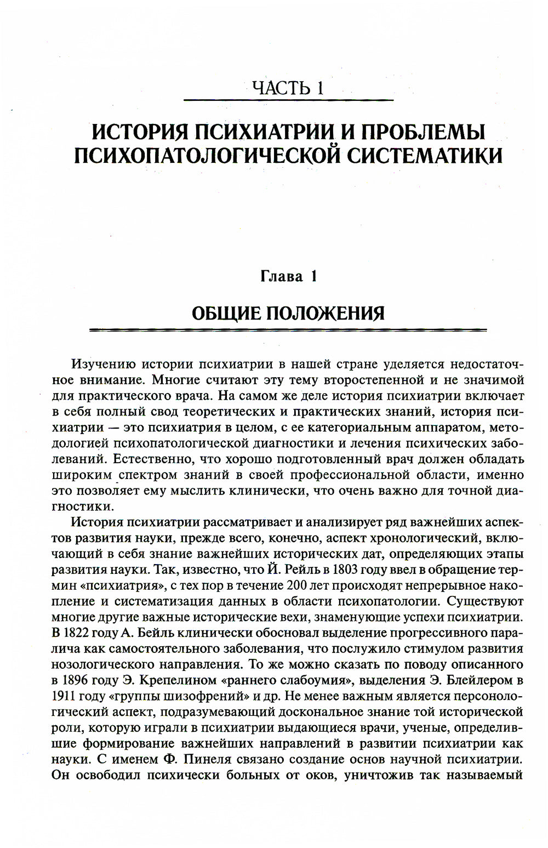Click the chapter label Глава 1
pos(288,276)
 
